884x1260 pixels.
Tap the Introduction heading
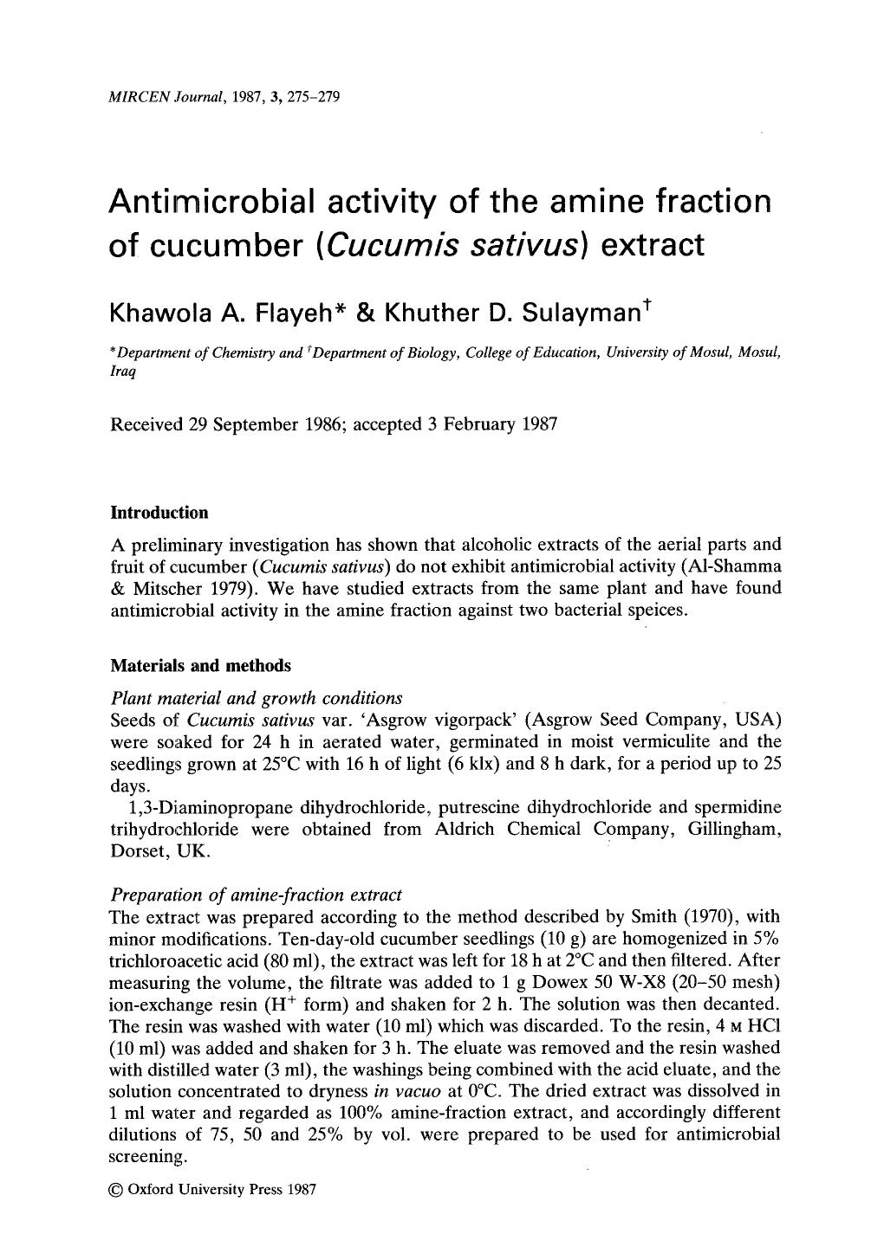point(160,513)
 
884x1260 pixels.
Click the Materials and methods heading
point(201,666)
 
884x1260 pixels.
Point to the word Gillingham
point(733,829)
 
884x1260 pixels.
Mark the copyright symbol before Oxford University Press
point(117,1189)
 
